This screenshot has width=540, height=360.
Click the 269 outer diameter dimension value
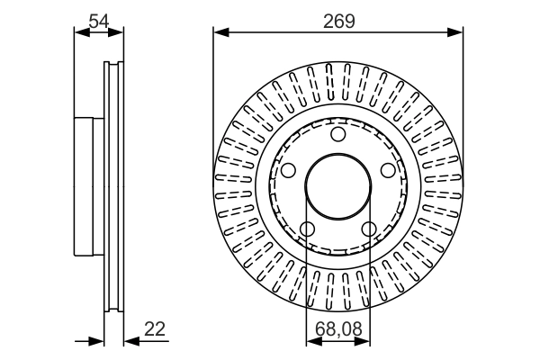(338, 19)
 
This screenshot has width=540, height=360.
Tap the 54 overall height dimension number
(98, 19)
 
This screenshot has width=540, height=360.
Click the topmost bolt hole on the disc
(338, 135)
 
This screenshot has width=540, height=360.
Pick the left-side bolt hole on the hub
(288, 170)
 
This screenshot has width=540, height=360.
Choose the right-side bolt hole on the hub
(388, 170)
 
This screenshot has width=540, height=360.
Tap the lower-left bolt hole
(308, 229)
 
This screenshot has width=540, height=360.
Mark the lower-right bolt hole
(369, 229)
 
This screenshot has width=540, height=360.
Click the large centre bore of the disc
(338, 187)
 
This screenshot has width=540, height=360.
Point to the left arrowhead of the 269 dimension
(220, 33)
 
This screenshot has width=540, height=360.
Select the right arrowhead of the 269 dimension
(458, 33)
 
